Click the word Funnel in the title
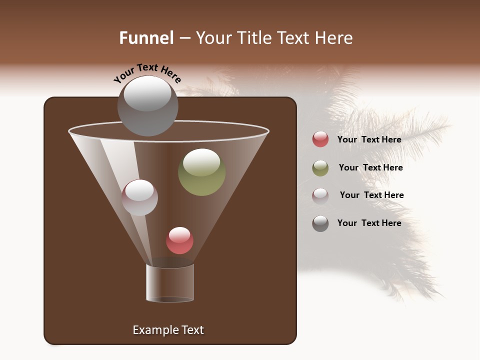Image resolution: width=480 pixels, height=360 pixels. pos(146,38)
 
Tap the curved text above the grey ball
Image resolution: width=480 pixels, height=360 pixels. pos(147,73)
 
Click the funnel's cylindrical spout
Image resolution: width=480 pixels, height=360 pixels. pos(170,283)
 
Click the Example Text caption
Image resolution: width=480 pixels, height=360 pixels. pos(168,330)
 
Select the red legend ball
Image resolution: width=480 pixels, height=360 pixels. pos(320,139)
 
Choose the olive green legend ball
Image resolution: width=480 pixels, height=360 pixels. pos(320,168)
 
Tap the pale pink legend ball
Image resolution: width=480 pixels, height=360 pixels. pos(320,195)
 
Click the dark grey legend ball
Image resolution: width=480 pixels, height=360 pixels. pos(320,223)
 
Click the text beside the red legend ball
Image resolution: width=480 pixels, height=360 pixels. pos(369,139)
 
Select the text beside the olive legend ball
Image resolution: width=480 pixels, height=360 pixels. pos(370,167)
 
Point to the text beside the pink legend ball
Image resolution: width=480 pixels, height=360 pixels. pos(371,195)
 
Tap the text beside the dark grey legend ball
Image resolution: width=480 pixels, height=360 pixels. pos(369,223)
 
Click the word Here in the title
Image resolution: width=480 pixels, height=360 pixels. pos(334,38)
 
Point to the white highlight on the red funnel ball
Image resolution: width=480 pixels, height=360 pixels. pos(179,234)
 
